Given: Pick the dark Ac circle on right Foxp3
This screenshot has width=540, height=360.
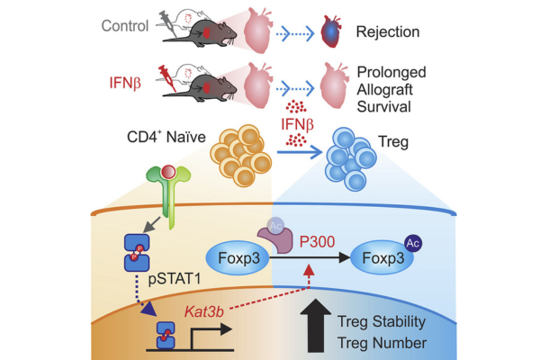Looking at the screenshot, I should pyautogui.click(x=415, y=242).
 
